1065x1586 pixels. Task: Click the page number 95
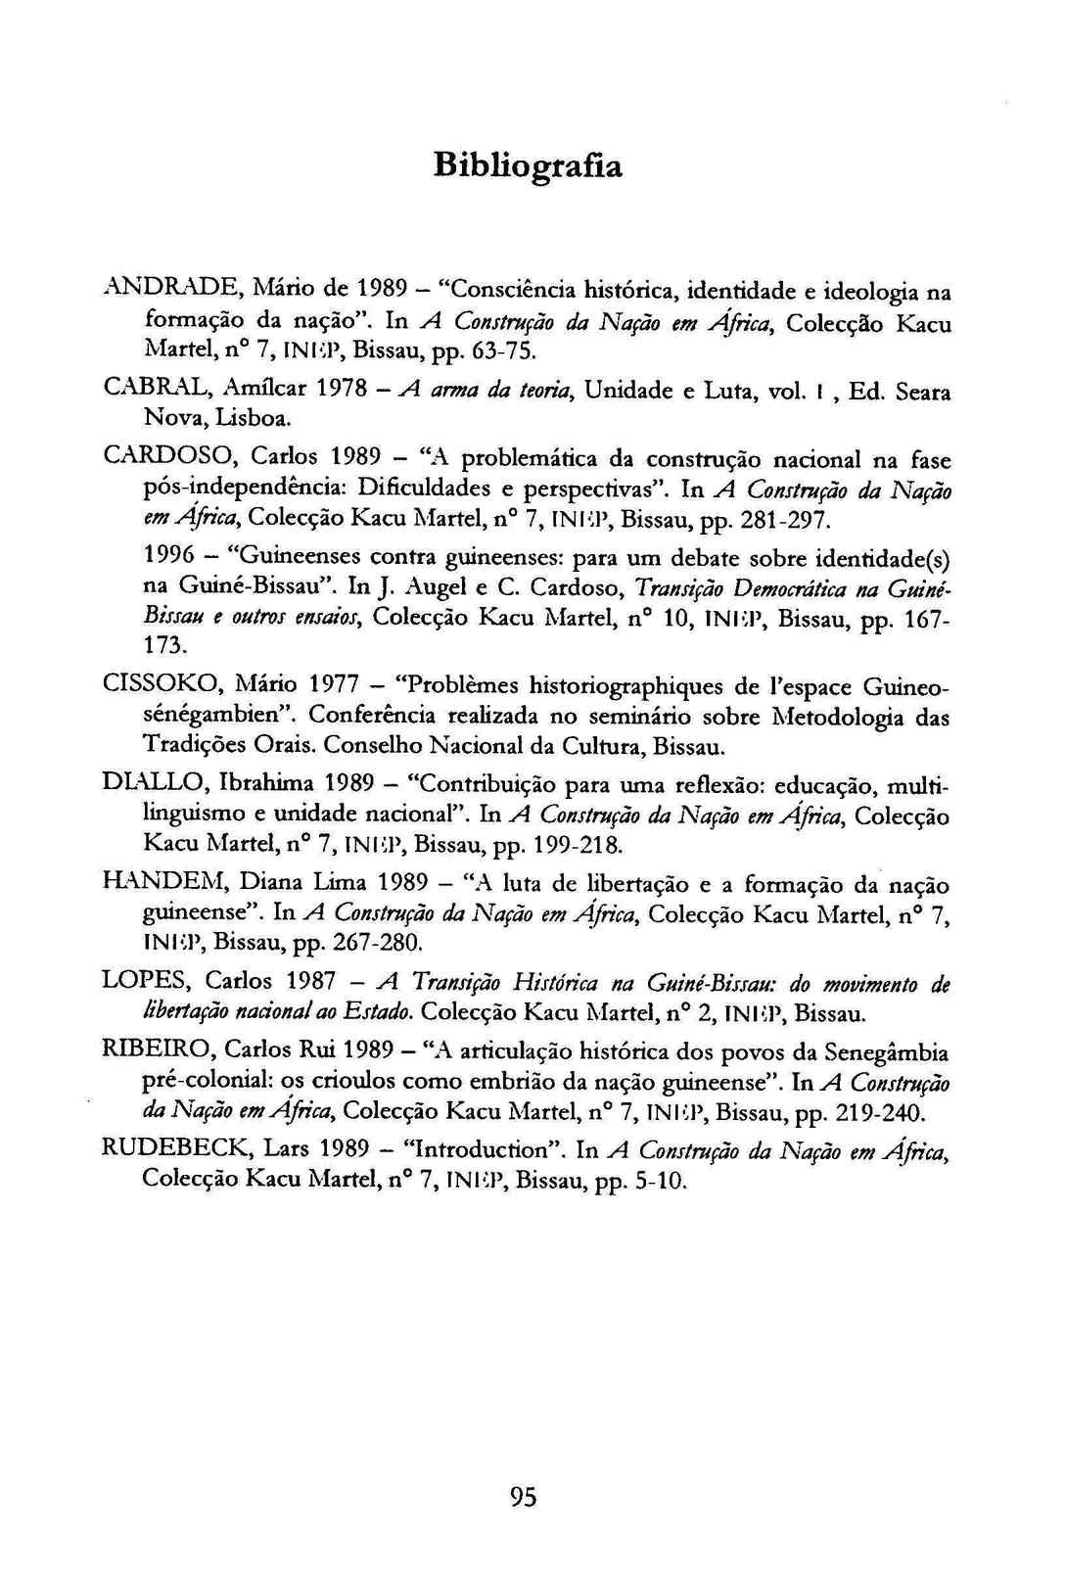tap(524, 1497)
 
